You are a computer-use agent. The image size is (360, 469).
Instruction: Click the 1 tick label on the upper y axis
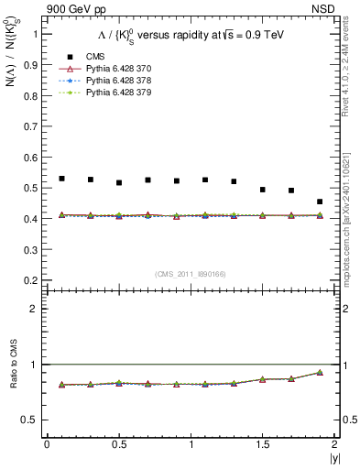pos(34,33)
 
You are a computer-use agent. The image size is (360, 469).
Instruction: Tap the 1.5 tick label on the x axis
pos(262,444)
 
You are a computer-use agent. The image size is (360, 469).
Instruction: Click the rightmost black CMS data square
pos(320,202)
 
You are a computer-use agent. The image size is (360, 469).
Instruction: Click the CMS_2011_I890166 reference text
pos(191,273)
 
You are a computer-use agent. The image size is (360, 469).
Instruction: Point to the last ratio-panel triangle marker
pos(320,372)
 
